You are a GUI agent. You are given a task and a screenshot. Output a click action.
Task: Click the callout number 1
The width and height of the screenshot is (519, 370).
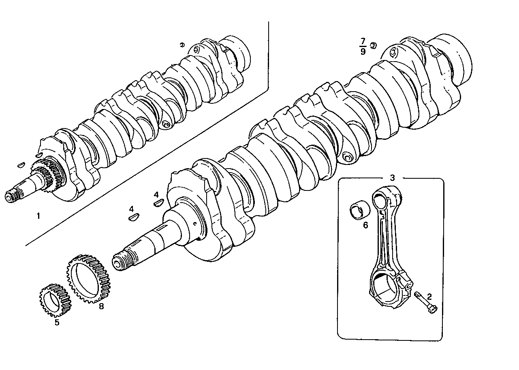(38, 216)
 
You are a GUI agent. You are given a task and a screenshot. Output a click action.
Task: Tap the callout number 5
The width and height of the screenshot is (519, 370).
(57, 322)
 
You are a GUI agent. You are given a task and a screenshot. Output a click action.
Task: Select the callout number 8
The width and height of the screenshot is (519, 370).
(101, 306)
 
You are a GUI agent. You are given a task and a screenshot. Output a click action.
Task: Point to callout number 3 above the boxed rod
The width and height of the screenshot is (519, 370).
(392, 178)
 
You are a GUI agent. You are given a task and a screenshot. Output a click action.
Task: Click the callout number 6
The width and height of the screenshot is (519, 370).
(365, 225)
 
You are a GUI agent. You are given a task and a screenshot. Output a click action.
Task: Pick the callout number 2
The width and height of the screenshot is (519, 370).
(429, 297)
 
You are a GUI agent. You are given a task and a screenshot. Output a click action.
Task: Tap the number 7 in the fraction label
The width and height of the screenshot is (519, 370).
(363, 41)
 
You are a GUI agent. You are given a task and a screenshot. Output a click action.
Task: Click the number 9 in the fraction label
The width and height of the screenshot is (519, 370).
(363, 51)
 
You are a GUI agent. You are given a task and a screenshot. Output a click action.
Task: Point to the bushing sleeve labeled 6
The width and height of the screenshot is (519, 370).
(360, 211)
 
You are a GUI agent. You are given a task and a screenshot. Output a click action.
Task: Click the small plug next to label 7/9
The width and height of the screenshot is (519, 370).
(374, 45)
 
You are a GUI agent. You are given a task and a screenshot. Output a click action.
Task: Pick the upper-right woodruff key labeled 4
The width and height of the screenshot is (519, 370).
(158, 203)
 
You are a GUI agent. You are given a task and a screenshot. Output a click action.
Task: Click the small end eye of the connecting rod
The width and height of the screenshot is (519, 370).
(380, 200)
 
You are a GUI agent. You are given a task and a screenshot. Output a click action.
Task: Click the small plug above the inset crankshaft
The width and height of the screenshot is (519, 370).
(182, 45)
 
